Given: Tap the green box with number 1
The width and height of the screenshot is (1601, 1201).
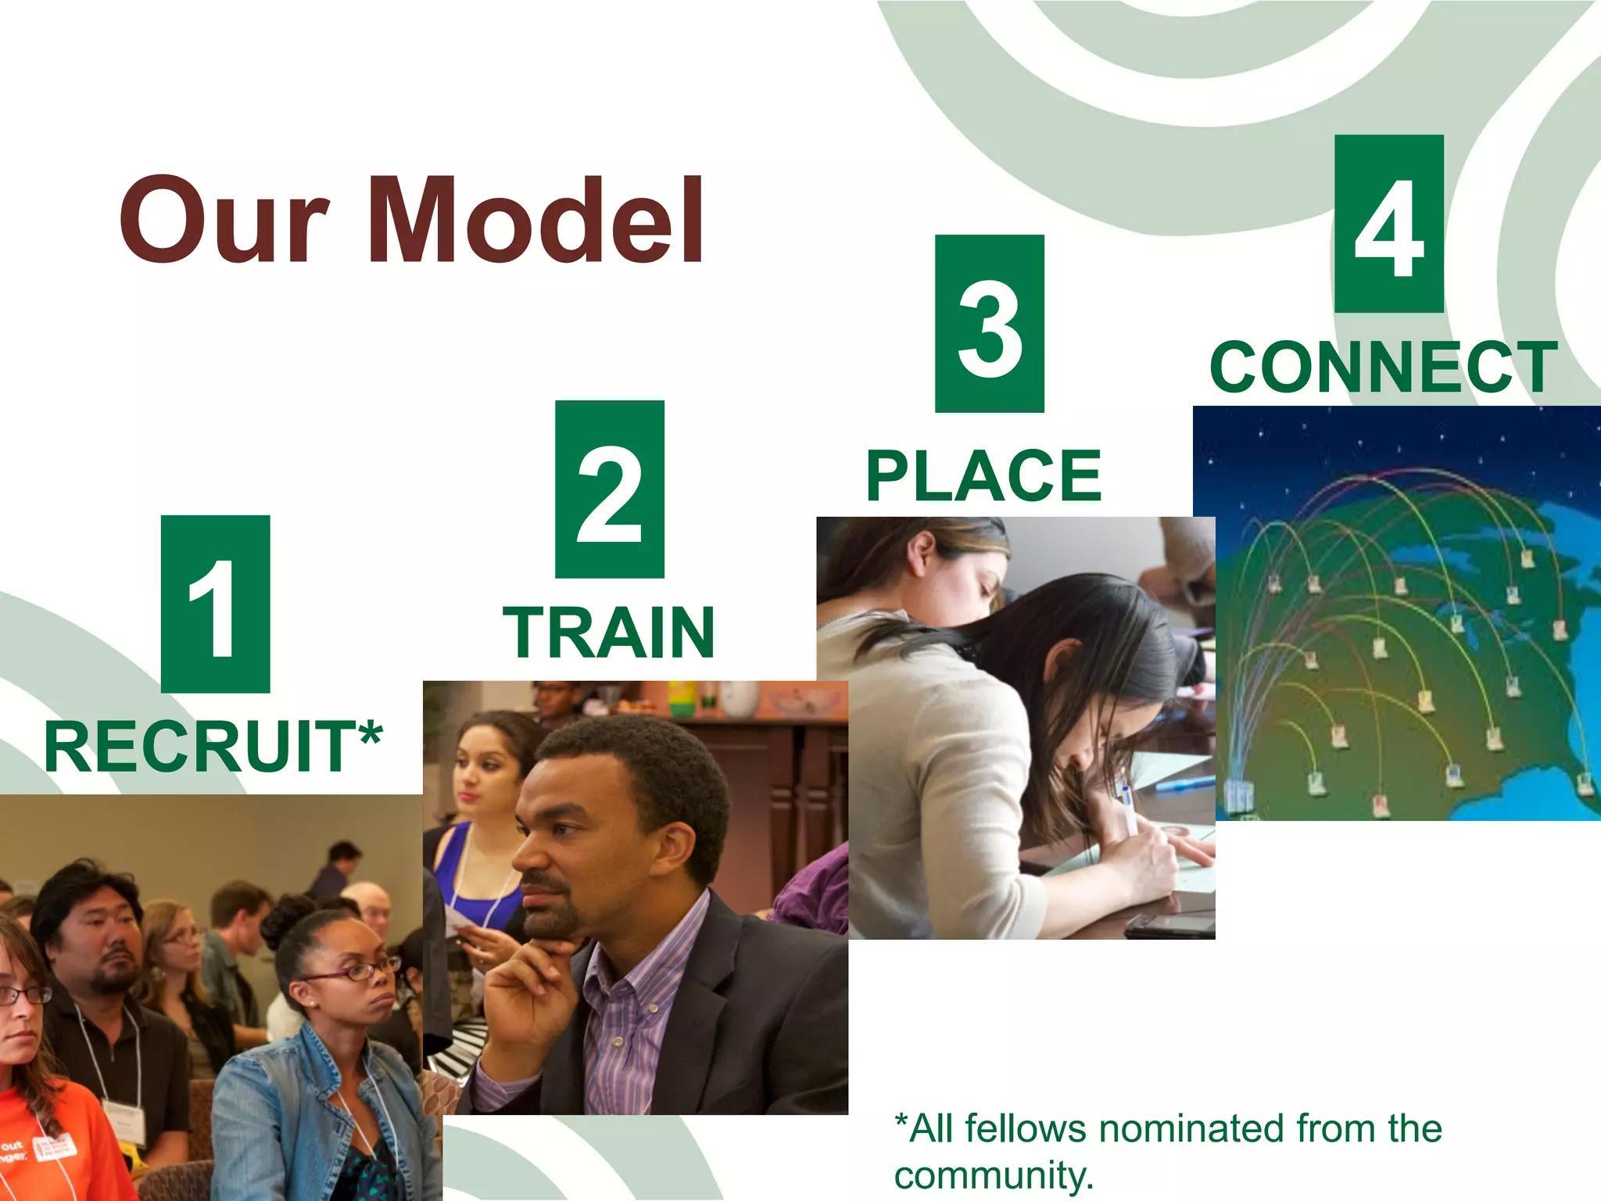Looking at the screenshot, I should [x=215, y=604].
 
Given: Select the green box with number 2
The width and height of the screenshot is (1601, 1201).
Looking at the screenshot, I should [x=609, y=489].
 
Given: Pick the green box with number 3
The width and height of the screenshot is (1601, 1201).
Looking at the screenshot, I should [x=989, y=324].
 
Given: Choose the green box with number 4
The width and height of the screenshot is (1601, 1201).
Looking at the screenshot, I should [x=1388, y=224].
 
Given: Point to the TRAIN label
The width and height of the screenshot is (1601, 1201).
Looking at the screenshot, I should [x=609, y=633].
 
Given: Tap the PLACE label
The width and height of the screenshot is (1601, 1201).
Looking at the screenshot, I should [x=983, y=476].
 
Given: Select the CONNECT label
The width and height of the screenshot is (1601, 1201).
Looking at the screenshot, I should [x=1383, y=367].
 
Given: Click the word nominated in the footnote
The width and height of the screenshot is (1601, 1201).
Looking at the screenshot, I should [x=1192, y=1129].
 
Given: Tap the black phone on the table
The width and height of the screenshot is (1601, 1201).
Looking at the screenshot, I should [x=1168, y=927].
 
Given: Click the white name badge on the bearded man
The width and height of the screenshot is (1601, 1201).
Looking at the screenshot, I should [x=124, y=1122].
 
